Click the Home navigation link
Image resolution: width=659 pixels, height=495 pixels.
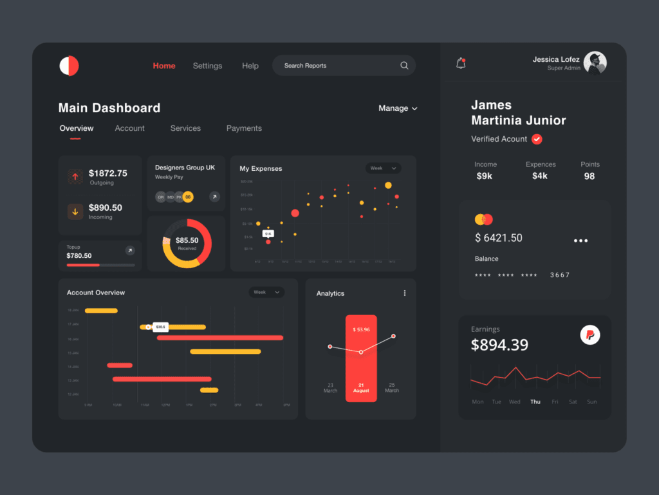(164, 66)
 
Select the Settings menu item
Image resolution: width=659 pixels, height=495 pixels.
(207, 66)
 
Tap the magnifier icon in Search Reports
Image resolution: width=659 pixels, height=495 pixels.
(404, 65)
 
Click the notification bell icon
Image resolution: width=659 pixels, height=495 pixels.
(461, 63)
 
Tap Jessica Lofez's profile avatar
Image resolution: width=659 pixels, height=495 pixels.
(595, 63)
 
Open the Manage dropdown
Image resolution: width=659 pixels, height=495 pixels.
(398, 108)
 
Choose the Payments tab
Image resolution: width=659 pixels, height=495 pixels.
(244, 128)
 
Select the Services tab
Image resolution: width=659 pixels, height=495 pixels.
(185, 128)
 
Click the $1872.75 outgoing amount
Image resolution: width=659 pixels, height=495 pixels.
(108, 173)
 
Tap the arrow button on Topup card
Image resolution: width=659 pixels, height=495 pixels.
(130, 250)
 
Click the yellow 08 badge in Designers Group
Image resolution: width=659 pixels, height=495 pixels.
(188, 197)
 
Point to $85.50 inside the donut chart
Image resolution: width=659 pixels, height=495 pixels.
(187, 240)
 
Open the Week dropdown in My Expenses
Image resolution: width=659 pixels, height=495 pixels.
(383, 168)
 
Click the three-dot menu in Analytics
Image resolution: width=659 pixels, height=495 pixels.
(405, 293)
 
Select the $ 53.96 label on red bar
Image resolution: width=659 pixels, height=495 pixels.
(361, 329)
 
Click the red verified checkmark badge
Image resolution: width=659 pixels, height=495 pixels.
(537, 139)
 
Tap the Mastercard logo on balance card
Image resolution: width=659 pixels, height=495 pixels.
(483, 219)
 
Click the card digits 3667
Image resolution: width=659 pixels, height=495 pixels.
(560, 275)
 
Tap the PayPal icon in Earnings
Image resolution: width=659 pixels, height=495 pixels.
(590, 335)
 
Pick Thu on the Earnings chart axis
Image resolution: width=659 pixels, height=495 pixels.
(535, 402)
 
